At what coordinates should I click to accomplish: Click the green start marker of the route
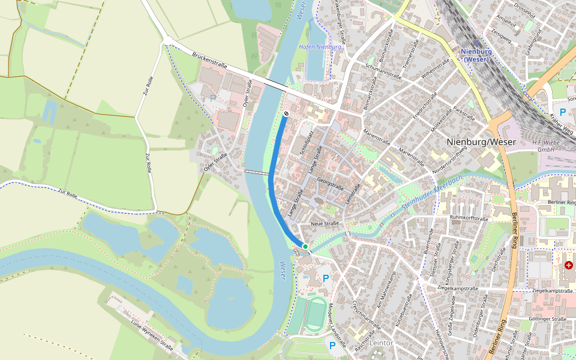tap(305, 247)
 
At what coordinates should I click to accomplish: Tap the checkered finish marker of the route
tap(286, 113)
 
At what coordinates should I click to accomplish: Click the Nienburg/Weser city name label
tap(481, 142)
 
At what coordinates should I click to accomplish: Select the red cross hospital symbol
tap(568, 265)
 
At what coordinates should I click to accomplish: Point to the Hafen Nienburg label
tap(320, 47)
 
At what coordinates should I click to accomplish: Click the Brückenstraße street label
tap(209, 60)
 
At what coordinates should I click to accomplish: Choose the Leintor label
tap(382, 343)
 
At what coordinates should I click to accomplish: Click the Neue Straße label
tap(325, 223)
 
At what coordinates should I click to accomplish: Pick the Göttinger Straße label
tap(551, 319)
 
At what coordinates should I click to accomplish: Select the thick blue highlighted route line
tap(272, 180)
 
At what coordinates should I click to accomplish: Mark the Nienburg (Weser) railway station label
tap(476, 55)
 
